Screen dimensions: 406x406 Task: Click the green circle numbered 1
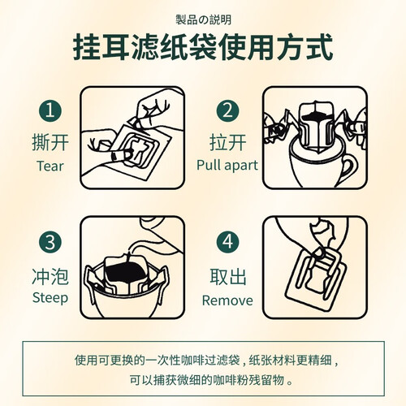(x=50, y=111)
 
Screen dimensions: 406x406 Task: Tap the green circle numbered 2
(x=227, y=111)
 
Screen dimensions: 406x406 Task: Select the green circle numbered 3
(x=50, y=242)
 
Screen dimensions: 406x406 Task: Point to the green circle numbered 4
(x=227, y=242)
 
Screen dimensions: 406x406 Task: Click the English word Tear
(x=50, y=166)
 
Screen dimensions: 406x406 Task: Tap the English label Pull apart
(x=227, y=166)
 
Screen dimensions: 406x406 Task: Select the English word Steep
(x=50, y=298)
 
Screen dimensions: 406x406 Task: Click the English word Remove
(x=227, y=300)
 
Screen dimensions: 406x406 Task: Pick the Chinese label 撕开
(x=50, y=142)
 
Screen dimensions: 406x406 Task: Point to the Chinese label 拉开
(x=227, y=142)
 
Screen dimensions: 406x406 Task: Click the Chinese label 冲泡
(x=50, y=276)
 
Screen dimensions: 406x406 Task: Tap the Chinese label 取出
(x=228, y=276)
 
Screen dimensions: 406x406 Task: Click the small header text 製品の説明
(x=203, y=20)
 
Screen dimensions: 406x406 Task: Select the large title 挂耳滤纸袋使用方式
(x=203, y=46)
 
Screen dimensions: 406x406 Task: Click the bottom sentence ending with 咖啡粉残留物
(x=211, y=380)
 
